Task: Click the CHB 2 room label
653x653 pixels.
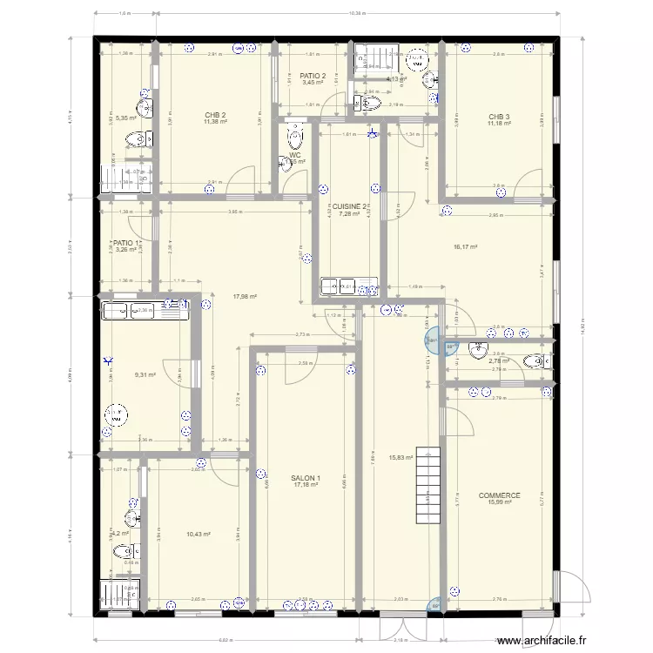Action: (x=215, y=115)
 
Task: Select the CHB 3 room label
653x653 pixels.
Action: (x=499, y=117)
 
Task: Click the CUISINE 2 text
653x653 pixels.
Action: (x=349, y=206)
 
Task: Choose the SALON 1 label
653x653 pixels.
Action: (x=306, y=478)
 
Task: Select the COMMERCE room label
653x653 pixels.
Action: (x=499, y=495)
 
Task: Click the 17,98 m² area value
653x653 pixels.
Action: (x=245, y=296)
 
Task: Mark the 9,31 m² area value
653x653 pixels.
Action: (x=145, y=375)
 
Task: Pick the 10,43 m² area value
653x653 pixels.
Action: (x=199, y=535)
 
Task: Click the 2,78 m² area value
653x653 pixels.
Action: (x=498, y=360)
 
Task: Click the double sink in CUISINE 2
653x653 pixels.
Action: (x=347, y=286)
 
